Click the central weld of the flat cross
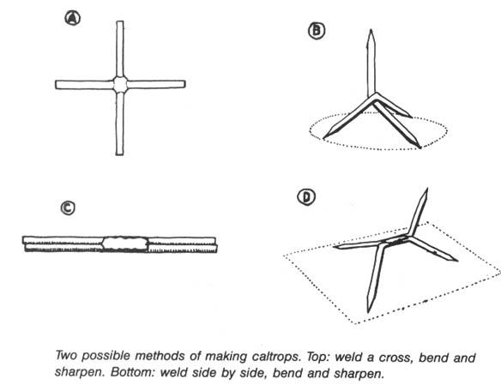coord(120,84)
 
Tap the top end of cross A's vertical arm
coord(120,23)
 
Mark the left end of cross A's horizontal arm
coord(57,85)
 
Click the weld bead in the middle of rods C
coord(125,244)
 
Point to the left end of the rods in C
coord(26,244)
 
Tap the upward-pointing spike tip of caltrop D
coord(426,195)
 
